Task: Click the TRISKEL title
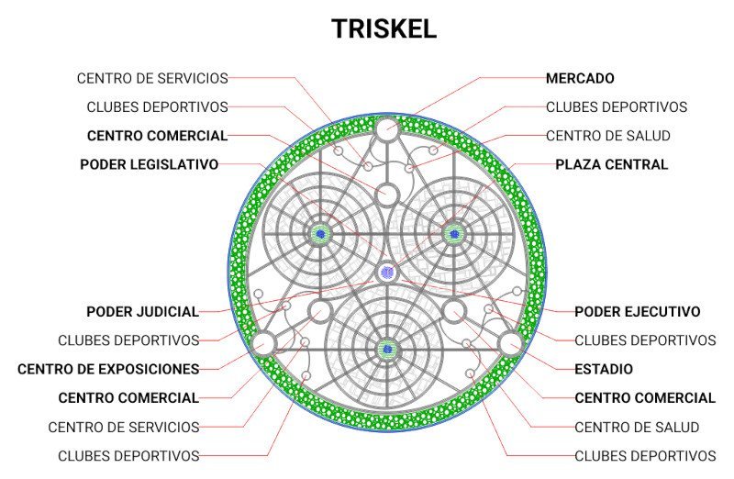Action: [x=384, y=28]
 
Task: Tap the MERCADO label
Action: [x=580, y=79]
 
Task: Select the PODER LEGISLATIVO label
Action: [x=149, y=165]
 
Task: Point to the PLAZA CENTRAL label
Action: [x=611, y=165]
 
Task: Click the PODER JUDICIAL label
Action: [x=142, y=312]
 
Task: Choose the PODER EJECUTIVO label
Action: [x=637, y=312]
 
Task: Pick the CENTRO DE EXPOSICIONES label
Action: [x=108, y=370]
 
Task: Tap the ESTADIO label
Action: [x=604, y=370]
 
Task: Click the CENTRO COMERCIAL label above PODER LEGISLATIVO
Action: [x=157, y=136]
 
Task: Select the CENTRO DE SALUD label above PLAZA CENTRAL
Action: [x=608, y=136]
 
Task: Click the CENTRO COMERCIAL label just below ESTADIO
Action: [x=645, y=398]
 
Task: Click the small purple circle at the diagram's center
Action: [x=387, y=273]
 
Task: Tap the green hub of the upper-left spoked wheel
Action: [x=319, y=234]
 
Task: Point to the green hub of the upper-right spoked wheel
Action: [x=453, y=233]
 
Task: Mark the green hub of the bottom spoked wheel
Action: [x=386, y=349]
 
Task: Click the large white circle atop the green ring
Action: [x=386, y=128]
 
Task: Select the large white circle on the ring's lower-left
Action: [x=263, y=343]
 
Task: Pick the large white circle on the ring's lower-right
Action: [x=510, y=343]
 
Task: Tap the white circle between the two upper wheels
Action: [x=387, y=195]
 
